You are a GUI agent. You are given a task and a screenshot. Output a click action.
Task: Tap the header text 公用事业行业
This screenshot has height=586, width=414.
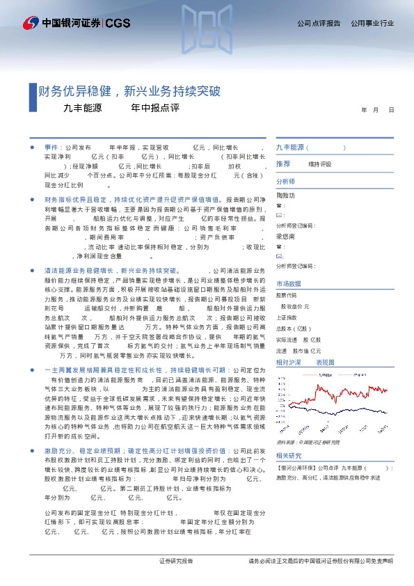tap(372, 24)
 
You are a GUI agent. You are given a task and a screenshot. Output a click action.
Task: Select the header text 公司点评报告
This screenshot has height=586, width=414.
tap(319, 24)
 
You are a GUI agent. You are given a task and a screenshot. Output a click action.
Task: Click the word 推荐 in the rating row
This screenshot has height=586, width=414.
tap(283, 164)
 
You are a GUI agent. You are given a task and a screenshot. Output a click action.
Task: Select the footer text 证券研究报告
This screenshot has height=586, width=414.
tap(176, 561)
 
